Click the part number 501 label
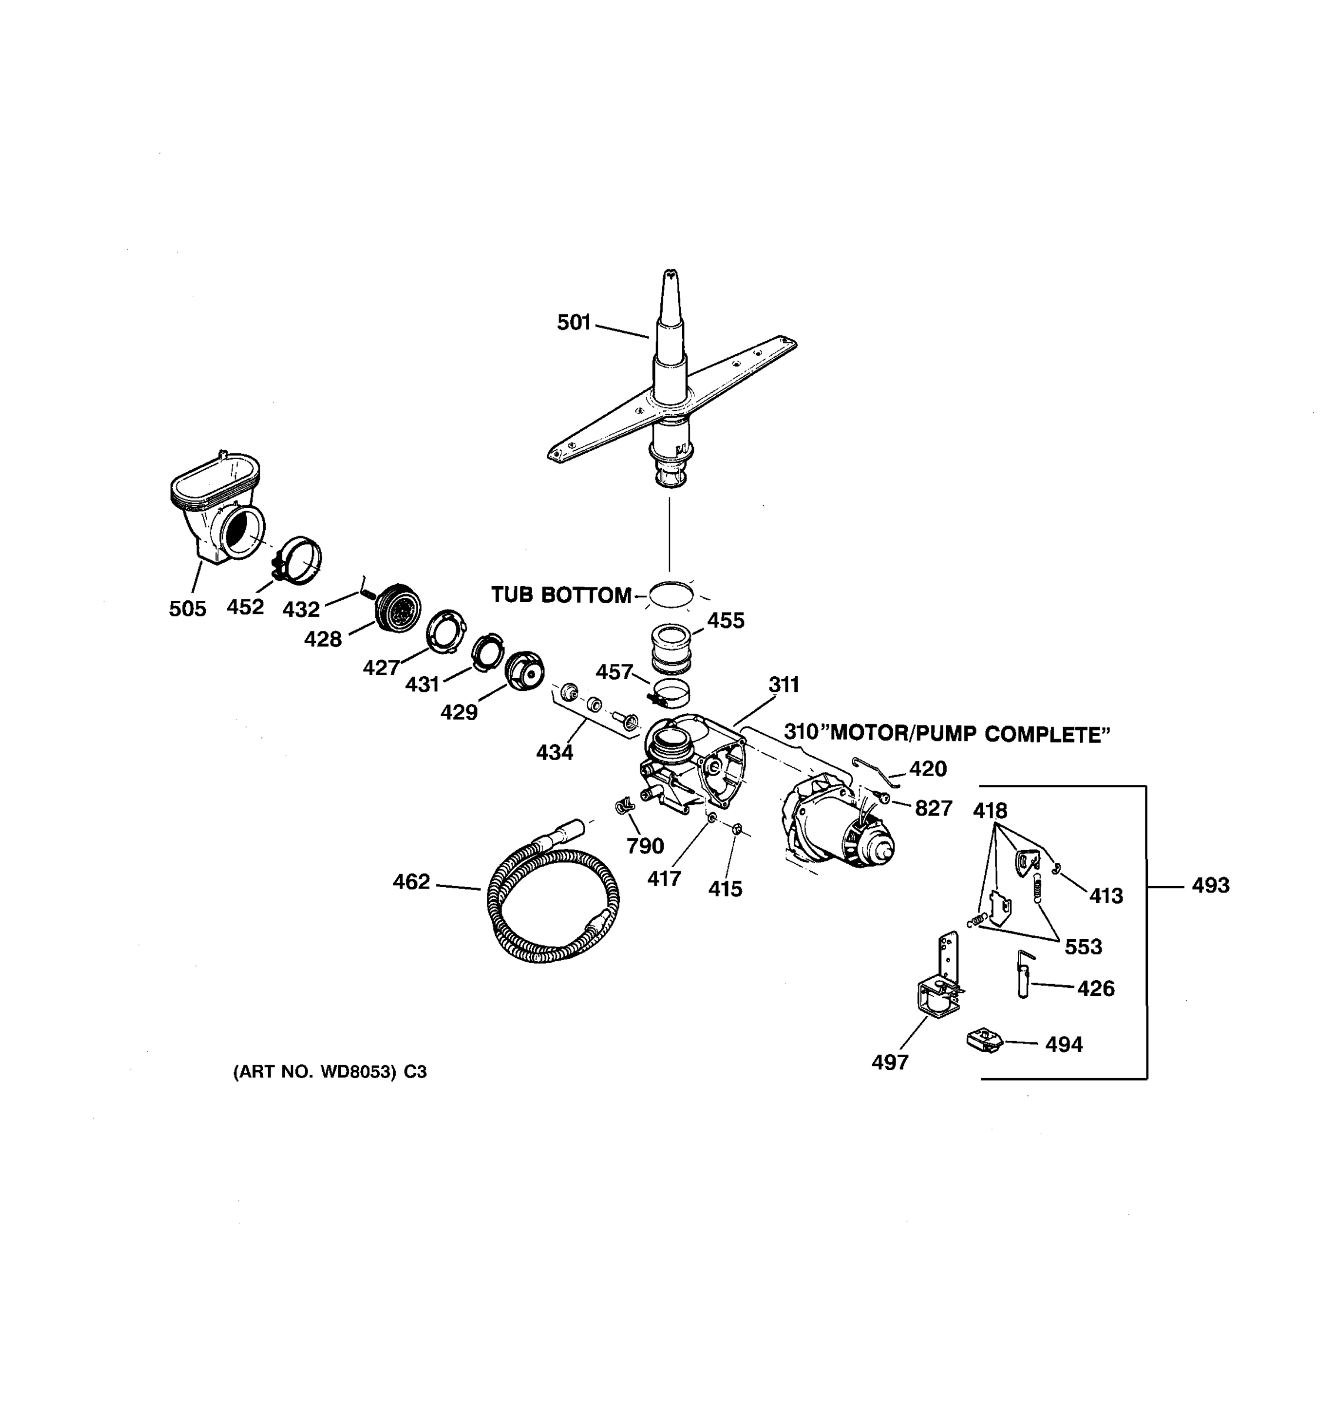(573, 323)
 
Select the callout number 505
(188, 609)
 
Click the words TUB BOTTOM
(561, 596)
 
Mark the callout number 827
(933, 808)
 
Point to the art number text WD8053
(358, 1072)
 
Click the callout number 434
(554, 753)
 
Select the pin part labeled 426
(1025, 975)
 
